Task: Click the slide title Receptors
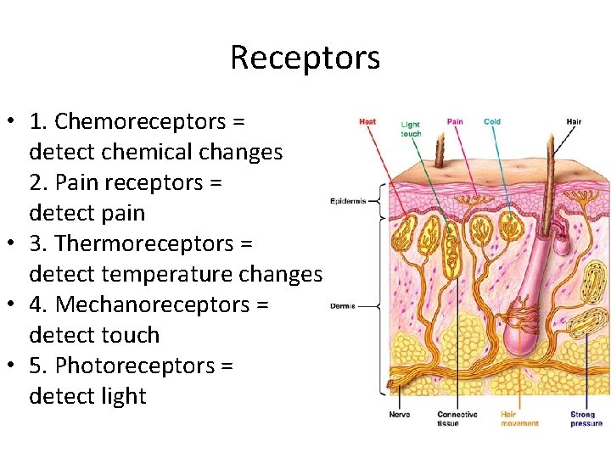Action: [305, 58]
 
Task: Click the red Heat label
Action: [367, 121]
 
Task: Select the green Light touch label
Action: [411, 129]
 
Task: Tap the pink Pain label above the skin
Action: [455, 121]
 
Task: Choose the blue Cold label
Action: [492, 121]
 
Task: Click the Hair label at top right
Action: [574, 121]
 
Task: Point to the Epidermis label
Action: [348, 201]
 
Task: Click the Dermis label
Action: [342, 305]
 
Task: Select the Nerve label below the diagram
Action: [399, 415]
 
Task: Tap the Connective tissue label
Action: [457, 418]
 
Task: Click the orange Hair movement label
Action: [519, 418]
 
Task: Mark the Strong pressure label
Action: [586, 418]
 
